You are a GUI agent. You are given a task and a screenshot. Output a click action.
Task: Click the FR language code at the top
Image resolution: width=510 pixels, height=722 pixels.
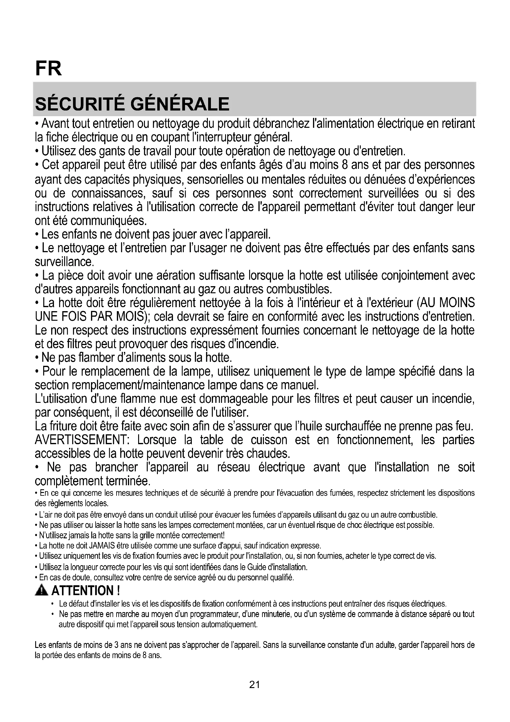49,68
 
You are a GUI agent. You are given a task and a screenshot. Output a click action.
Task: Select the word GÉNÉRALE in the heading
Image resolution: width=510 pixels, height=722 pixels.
180,104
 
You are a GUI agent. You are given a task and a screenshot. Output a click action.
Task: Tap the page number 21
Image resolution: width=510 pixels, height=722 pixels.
254,684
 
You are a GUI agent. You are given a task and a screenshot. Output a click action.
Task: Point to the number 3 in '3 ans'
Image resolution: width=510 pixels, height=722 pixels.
116,645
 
